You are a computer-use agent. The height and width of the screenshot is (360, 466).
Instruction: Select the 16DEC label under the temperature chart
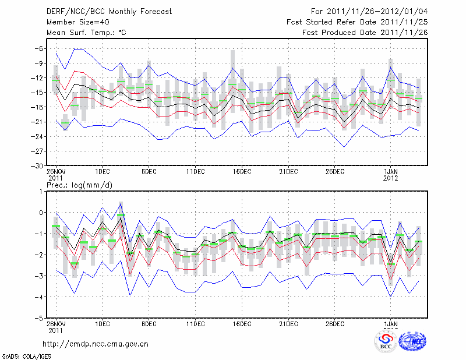(x=242, y=171)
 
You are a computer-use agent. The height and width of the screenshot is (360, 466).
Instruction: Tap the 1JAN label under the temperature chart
(x=391, y=171)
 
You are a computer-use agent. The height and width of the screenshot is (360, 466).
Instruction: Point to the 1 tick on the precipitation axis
(x=41, y=191)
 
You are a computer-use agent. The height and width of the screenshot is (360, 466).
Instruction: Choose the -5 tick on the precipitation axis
(x=38, y=319)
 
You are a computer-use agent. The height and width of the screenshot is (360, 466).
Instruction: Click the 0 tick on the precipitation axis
(x=41, y=213)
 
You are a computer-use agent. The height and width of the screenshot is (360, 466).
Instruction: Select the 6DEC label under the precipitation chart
(x=149, y=324)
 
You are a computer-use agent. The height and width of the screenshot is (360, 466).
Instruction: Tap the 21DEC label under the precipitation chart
(x=288, y=324)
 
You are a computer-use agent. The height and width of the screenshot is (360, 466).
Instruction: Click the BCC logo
(x=386, y=341)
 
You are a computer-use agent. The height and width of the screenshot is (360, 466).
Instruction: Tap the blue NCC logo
(x=412, y=341)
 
